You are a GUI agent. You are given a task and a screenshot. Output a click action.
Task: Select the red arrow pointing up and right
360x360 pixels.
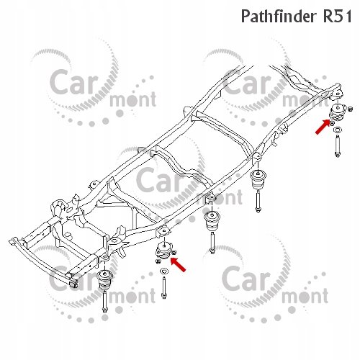click(323, 127)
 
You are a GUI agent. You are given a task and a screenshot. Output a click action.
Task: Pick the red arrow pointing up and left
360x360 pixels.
click(178, 264)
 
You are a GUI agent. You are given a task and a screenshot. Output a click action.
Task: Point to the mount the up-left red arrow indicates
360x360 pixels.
click(163, 251)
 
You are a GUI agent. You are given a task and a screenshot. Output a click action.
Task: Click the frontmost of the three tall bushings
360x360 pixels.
click(105, 280)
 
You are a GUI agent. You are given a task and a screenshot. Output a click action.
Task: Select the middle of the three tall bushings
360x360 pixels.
click(211, 221)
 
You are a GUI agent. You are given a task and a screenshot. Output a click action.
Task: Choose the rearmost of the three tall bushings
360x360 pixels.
click(258, 180)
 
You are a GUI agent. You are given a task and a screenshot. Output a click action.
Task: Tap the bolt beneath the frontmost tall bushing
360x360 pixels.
click(104, 302)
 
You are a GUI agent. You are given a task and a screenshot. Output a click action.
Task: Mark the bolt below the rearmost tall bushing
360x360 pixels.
click(258, 201)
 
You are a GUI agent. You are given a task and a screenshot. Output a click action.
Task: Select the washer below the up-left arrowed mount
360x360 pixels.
click(164, 271)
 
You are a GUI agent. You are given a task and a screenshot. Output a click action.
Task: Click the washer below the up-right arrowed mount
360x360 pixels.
click(338, 130)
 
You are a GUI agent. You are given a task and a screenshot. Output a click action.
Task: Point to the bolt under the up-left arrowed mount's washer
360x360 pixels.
click(164, 287)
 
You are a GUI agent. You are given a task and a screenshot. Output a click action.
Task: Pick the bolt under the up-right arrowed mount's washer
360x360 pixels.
click(338, 146)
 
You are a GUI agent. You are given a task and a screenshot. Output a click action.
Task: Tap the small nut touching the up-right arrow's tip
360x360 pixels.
click(332, 123)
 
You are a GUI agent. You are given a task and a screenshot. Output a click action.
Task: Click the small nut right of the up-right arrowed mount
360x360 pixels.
click(350, 109)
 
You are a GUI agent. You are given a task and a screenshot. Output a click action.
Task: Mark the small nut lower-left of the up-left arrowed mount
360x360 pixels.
click(158, 261)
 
